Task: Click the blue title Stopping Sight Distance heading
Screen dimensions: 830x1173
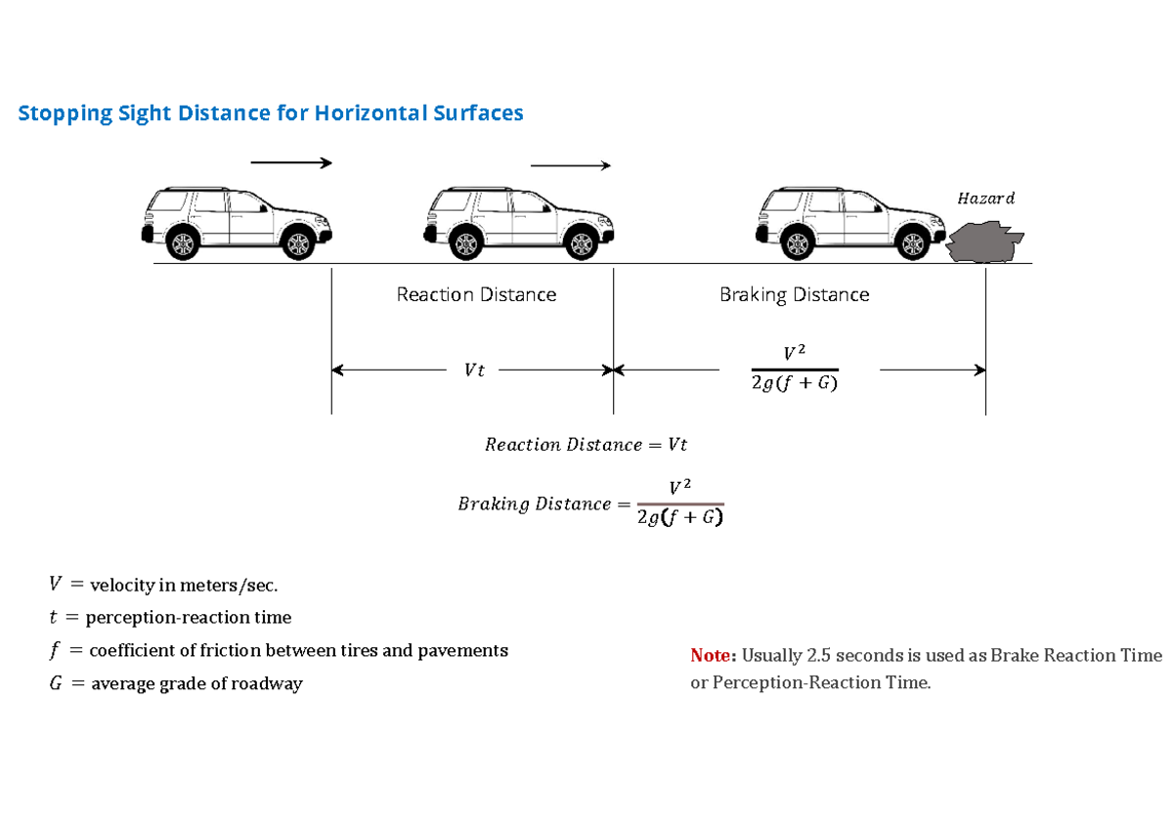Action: [x=271, y=113]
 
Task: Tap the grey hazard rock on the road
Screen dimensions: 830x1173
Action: [x=985, y=241]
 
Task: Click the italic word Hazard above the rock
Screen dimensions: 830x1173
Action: [x=985, y=198]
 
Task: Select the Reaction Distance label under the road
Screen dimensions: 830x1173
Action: [x=476, y=294]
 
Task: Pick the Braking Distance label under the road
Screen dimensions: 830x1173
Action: [x=794, y=294]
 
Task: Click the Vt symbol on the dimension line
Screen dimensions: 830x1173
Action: [x=474, y=371]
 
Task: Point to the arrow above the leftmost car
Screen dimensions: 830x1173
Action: [x=291, y=163]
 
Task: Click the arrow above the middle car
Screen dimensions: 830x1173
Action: [x=570, y=165]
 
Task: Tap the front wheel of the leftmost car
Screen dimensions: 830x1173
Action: [x=296, y=243]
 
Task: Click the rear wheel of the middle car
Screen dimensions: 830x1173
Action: [x=466, y=243]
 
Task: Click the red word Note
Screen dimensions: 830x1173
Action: [x=713, y=655]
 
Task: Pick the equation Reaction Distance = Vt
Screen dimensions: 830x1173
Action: [x=586, y=445]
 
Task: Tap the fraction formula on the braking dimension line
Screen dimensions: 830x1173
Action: [x=794, y=369]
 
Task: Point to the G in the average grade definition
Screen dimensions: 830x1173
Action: [x=55, y=684]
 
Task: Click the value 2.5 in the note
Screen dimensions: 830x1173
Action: [x=817, y=655]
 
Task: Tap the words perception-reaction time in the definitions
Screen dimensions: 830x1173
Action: [x=188, y=618]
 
